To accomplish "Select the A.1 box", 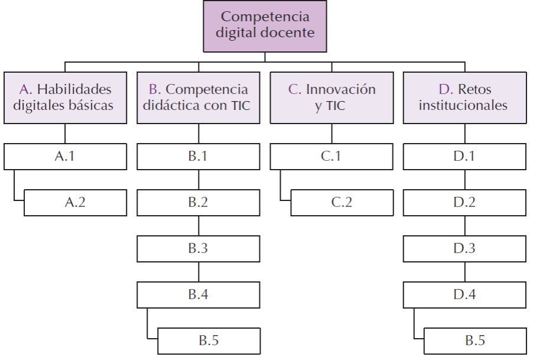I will [x=66, y=157].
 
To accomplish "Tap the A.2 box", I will [x=75, y=202].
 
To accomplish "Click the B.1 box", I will [x=198, y=157].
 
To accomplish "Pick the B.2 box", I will [x=198, y=202].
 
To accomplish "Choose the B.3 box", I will [x=198, y=248].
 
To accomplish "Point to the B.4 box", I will [x=198, y=294].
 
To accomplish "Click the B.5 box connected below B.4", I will [x=209, y=340].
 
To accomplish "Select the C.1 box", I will [x=331, y=157].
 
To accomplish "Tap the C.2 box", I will [x=341, y=202].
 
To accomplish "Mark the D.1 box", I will [x=464, y=157].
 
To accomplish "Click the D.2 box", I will [x=464, y=202].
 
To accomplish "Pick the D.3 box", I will [x=464, y=248].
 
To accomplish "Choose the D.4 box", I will [x=464, y=294].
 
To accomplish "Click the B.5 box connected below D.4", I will [x=474, y=340].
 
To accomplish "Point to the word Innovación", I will [x=340, y=90].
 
